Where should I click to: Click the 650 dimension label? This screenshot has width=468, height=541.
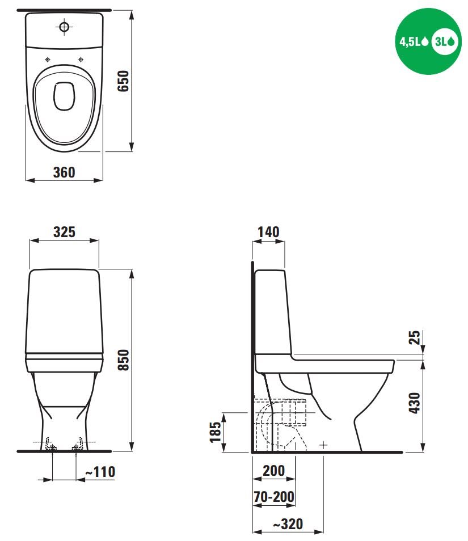click(x=123, y=81)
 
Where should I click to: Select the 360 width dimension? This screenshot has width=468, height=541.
click(x=64, y=172)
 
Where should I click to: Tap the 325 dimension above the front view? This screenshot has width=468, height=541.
click(x=64, y=232)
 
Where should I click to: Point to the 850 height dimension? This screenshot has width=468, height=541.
click(x=123, y=360)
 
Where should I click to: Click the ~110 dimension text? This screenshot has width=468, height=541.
click(x=100, y=472)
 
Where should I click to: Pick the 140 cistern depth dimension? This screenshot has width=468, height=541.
click(x=268, y=232)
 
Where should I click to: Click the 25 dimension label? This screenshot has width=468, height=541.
click(x=414, y=337)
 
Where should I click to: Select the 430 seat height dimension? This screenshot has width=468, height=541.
click(x=414, y=403)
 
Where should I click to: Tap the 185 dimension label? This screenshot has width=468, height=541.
click(x=215, y=432)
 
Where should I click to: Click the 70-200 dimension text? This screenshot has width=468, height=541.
click(x=274, y=497)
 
